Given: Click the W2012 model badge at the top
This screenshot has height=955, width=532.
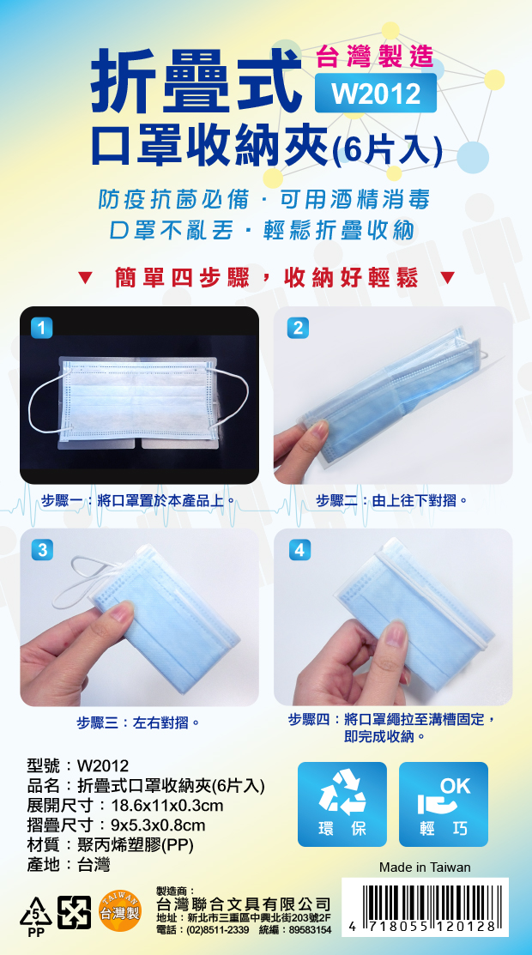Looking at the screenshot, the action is point(375,93).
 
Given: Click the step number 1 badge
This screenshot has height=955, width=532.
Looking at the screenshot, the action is point(41,328).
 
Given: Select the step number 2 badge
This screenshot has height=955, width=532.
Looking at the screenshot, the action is point(298,328).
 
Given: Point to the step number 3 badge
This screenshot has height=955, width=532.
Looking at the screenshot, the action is point(41,550).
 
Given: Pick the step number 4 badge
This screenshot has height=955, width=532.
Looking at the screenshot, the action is point(299,550).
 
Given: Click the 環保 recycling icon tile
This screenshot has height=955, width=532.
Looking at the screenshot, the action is point(342,804).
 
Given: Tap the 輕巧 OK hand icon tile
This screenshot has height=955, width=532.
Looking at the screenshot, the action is point(444,804).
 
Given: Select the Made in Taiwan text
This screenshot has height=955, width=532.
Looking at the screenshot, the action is point(425,867).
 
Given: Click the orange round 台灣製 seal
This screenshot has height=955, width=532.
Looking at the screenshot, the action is point(120,912).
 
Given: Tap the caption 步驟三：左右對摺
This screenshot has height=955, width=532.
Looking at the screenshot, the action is point(138,723).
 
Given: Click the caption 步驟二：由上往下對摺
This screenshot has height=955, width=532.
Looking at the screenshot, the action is point(392,501).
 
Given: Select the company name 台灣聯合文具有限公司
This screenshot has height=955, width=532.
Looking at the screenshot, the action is point(244,903).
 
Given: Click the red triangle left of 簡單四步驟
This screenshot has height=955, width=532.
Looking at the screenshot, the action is point(85,278).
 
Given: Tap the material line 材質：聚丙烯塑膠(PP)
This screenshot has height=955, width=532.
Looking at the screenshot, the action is point(111,845).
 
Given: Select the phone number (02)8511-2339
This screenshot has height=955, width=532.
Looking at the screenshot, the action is point(203,930).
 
